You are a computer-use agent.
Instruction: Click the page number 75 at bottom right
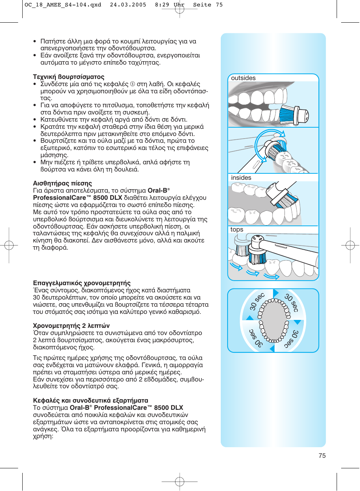pyautogui.click(x=322, y=455)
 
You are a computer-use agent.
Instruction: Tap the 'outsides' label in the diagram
pyautogui.click(x=243, y=78)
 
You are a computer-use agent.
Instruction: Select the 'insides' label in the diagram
pyautogui.click(x=241, y=178)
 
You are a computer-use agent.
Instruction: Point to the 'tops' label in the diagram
pyautogui.click(x=237, y=230)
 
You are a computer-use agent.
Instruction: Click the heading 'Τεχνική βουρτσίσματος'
pyautogui.click(x=69, y=77)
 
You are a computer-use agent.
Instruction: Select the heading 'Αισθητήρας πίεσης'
pyautogui.click(x=62, y=184)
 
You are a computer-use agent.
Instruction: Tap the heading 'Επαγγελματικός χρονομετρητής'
pyautogui.click(x=82, y=283)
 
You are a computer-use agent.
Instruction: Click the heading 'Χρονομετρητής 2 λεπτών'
pyautogui.click(x=71, y=326)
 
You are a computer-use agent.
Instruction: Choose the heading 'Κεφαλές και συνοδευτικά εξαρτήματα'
pyautogui.click(x=91, y=401)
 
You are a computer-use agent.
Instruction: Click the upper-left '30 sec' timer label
pyautogui.click(x=257, y=301)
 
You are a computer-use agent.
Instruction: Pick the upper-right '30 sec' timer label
pyautogui.click(x=292, y=303)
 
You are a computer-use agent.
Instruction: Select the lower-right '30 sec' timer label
pyautogui.click(x=291, y=339)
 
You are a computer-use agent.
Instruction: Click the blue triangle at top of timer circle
pyautogui.click(x=275, y=293)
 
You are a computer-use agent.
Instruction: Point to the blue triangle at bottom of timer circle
pyautogui.click(x=272, y=349)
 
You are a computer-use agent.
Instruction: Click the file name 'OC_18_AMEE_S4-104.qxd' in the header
pyautogui.click(x=63, y=5)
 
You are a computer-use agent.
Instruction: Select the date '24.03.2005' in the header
pyautogui.click(x=128, y=5)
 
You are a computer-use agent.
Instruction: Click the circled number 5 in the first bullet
pyautogui.click(x=132, y=84)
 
